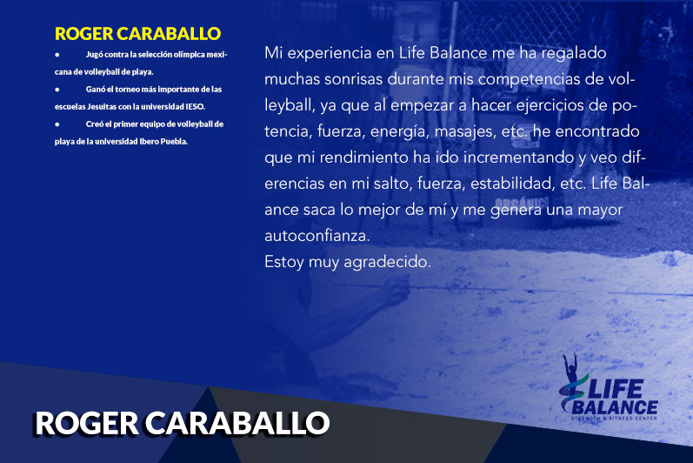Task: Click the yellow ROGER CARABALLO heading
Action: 138,34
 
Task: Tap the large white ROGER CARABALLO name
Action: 182,423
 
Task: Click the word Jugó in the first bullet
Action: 94,55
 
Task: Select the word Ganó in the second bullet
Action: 96,90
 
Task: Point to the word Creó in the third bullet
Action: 95,124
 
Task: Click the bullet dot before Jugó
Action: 57,55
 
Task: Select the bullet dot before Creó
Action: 57,124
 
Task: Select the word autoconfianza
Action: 317,236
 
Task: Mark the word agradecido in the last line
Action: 387,262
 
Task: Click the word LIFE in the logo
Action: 615,389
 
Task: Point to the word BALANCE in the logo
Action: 615,407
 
